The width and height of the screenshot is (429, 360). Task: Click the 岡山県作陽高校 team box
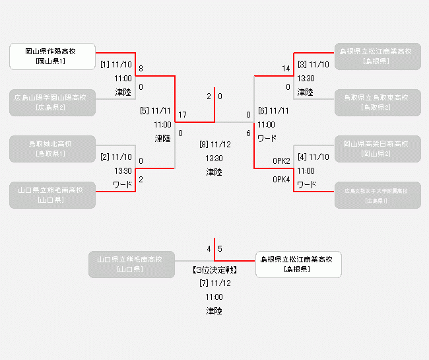(x=52, y=56)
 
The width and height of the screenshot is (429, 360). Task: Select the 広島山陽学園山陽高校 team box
(x=52, y=102)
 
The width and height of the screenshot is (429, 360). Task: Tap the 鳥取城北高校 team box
(x=52, y=149)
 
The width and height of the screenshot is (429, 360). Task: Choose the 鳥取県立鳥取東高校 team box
(x=378, y=102)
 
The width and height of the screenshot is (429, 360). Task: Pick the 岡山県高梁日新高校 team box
(x=378, y=149)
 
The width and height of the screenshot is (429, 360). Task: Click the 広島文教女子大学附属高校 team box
(x=378, y=195)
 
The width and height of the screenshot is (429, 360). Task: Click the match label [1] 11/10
(x=116, y=65)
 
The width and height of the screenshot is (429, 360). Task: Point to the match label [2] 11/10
(x=116, y=157)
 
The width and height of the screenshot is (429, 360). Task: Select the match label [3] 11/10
(x=313, y=65)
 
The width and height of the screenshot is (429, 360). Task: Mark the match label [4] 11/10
(x=313, y=157)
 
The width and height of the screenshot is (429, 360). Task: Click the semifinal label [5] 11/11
(x=155, y=110)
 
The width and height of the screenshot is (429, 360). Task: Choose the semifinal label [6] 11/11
(x=273, y=110)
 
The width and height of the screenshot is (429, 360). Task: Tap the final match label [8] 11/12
(x=214, y=145)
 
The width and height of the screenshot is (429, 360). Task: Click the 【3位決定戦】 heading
(x=214, y=270)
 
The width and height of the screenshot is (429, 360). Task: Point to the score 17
(x=182, y=115)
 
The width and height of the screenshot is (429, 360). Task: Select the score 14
(x=286, y=69)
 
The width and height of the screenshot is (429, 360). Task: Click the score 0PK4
(x=282, y=179)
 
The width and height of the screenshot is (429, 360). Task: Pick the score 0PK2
(x=282, y=161)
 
